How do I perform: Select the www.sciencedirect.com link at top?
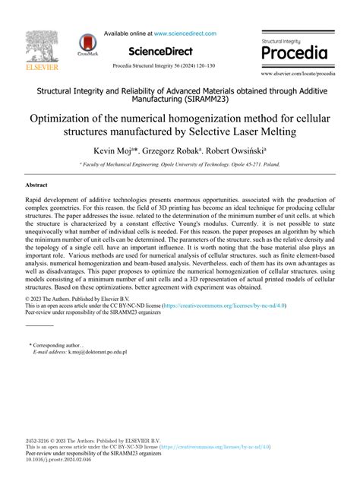[x=185, y=33]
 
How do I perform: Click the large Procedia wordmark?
[x=295, y=53]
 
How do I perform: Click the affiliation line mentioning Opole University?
[x=179, y=163]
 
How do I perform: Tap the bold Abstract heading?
[x=37, y=185]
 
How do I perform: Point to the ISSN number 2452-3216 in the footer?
[x=40, y=440]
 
